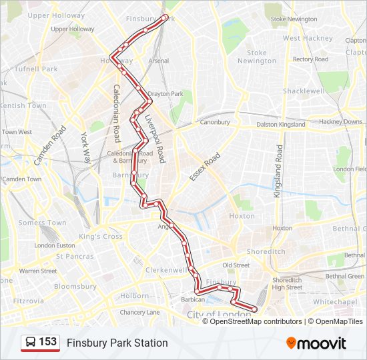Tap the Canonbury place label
click(x=215, y=122)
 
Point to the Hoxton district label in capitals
click(x=242, y=216)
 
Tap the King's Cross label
click(x=101, y=237)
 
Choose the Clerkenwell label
click(x=167, y=270)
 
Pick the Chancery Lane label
click(x=139, y=312)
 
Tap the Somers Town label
click(x=42, y=223)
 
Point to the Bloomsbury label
click(x=75, y=286)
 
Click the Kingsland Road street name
click(x=279, y=171)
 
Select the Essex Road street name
click(x=204, y=167)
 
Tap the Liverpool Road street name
click(x=155, y=138)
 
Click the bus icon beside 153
click(x=30, y=343)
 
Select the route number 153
click(x=48, y=342)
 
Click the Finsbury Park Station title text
click(x=117, y=343)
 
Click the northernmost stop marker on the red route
click(x=165, y=17)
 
